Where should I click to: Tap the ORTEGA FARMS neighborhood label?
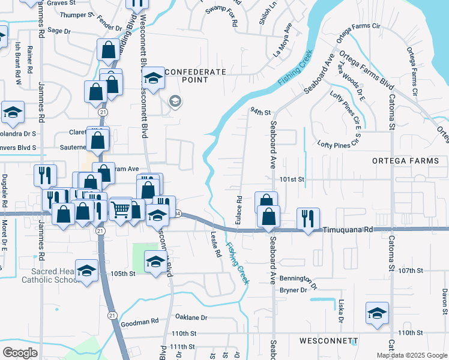(409, 161)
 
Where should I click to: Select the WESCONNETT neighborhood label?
(328, 341)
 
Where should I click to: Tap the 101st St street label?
(292, 179)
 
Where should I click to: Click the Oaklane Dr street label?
(191, 317)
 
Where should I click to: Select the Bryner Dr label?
(294, 290)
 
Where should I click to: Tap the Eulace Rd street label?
(238, 208)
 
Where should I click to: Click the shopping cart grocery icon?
(121, 209)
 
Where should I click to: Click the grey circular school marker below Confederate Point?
(175, 101)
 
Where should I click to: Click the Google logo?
(20, 353)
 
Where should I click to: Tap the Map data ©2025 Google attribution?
(412, 355)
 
